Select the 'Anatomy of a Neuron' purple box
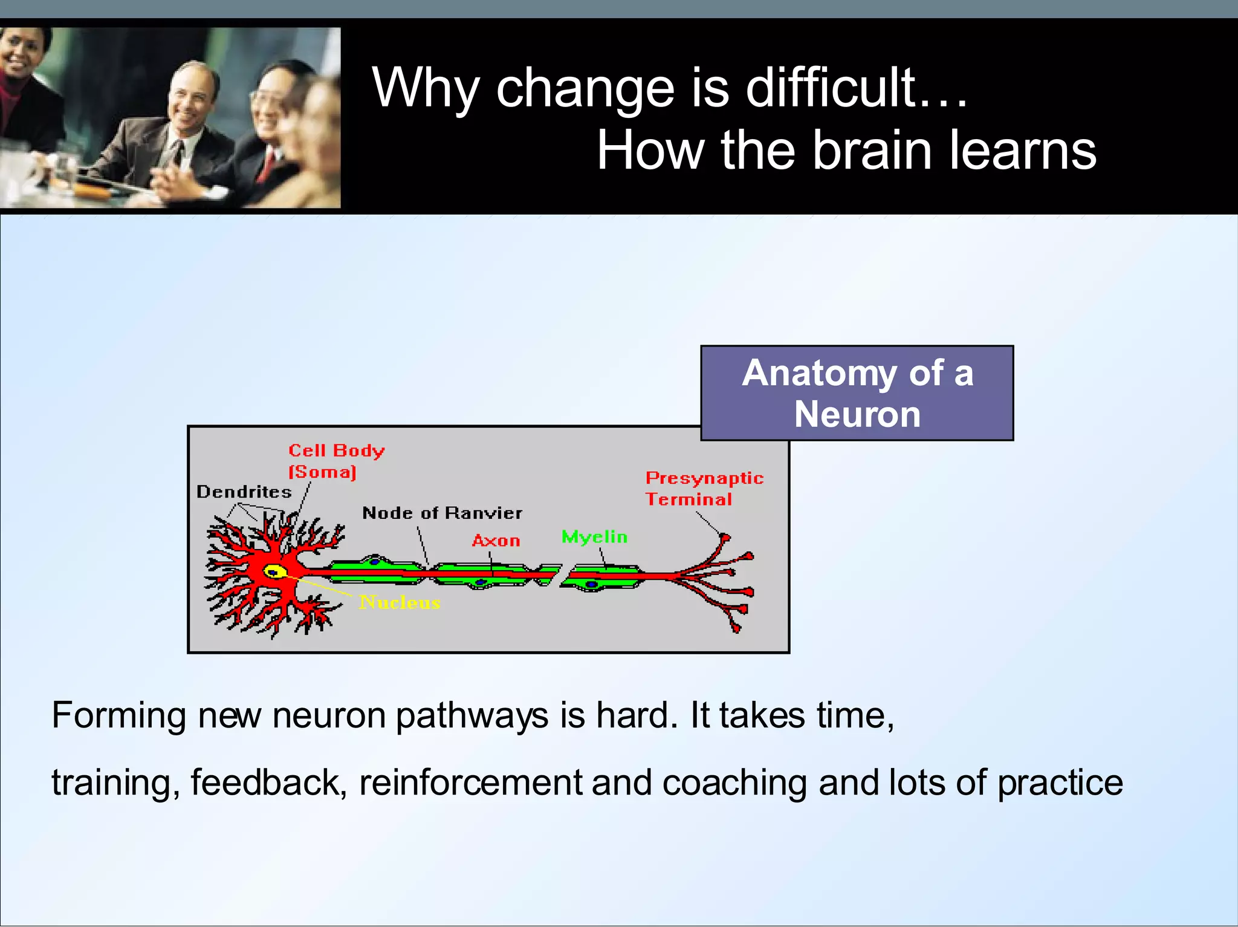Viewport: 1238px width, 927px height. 857,393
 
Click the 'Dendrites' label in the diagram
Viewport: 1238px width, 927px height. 244,492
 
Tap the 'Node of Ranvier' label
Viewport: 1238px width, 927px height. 442,513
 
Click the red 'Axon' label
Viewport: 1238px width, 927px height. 496,541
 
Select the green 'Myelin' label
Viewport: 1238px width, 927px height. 594,537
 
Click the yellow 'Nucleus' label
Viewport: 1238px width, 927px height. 400,602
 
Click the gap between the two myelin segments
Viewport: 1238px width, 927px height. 560,576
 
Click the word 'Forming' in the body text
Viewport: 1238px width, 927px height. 119,715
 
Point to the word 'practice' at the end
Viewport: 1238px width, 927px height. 1060,783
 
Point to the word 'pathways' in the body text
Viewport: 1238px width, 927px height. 472,717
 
